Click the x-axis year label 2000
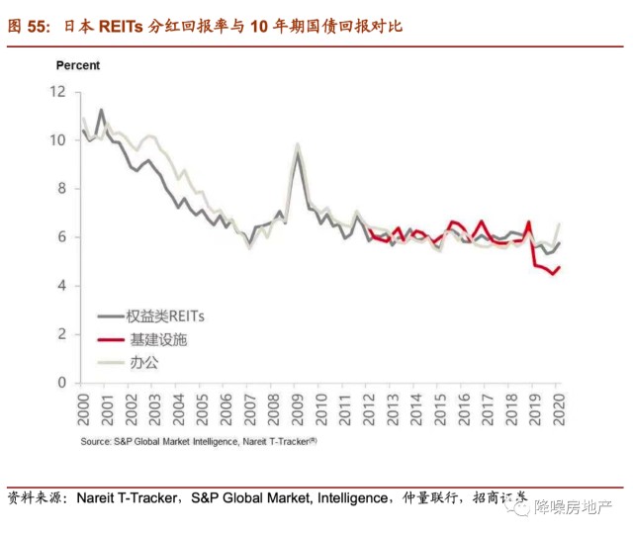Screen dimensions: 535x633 pos(84,407)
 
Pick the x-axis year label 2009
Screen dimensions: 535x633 pos(297,407)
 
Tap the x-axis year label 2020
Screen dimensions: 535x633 pos(558,407)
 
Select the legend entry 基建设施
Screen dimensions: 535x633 pos(157,339)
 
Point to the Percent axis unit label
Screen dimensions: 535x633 pos(77,65)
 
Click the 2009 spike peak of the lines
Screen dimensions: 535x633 pos(298,145)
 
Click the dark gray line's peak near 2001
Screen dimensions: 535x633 pos(101,110)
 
